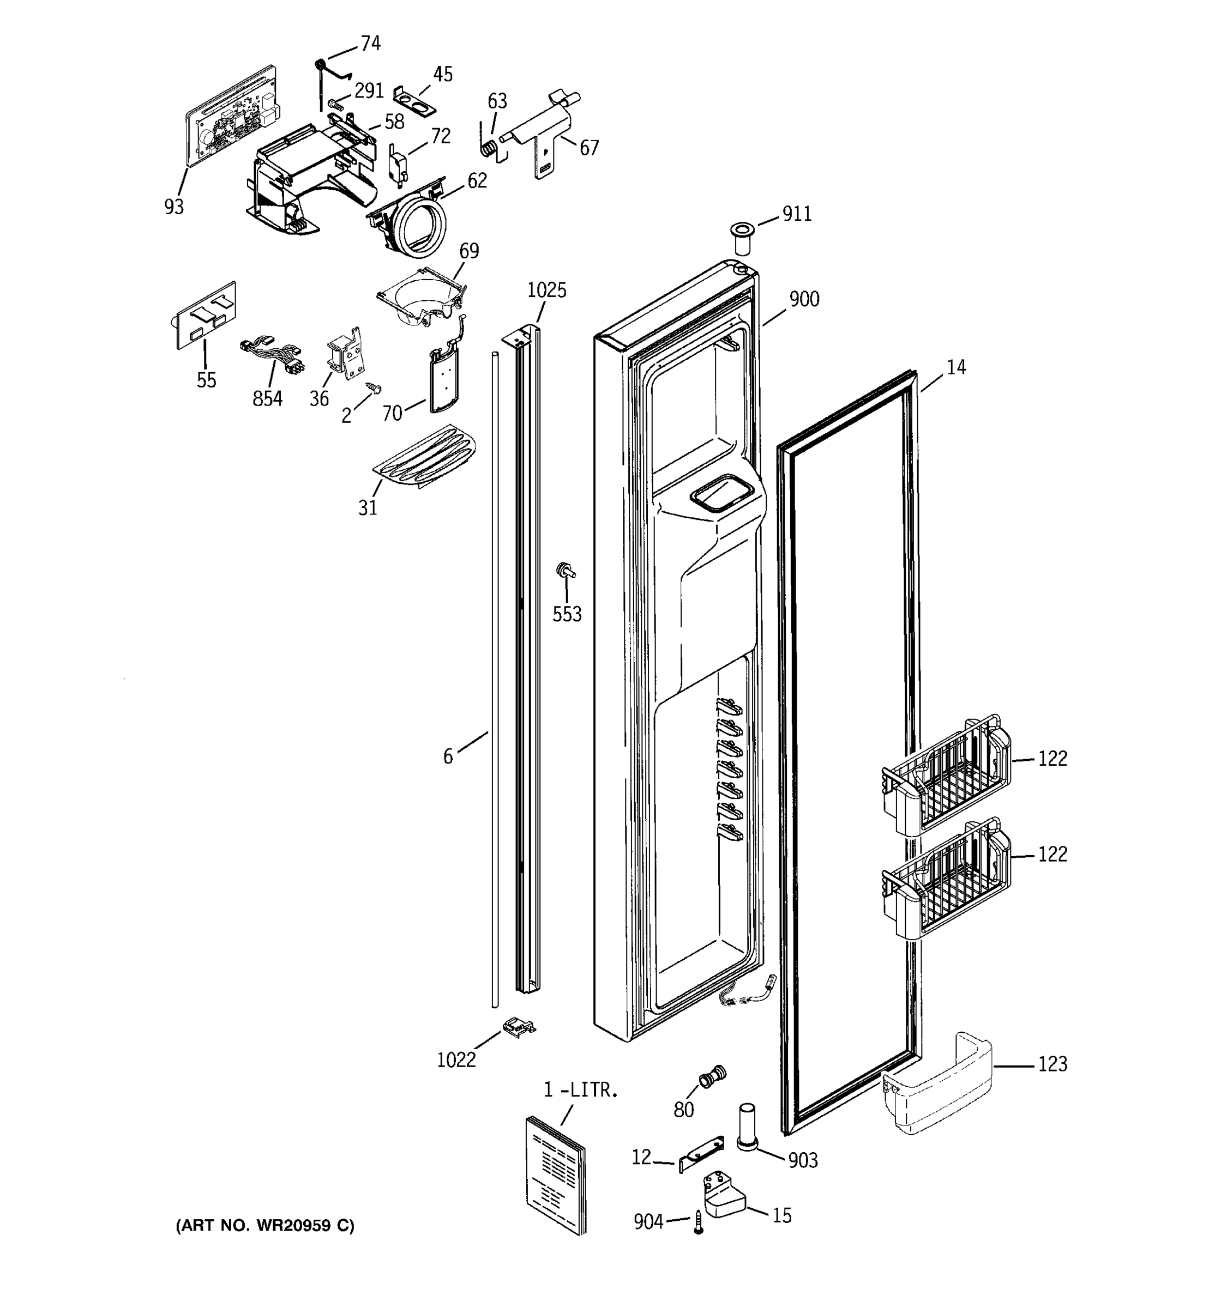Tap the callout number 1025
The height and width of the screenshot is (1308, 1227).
click(546, 290)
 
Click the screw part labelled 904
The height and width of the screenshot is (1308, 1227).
click(699, 1223)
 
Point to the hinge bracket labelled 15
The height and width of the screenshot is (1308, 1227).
click(723, 1196)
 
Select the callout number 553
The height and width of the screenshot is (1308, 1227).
click(567, 615)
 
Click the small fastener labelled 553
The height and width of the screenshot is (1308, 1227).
click(565, 571)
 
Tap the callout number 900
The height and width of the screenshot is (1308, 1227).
click(804, 299)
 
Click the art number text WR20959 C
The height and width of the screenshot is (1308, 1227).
click(264, 1226)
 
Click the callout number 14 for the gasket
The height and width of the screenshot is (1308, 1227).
click(956, 367)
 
